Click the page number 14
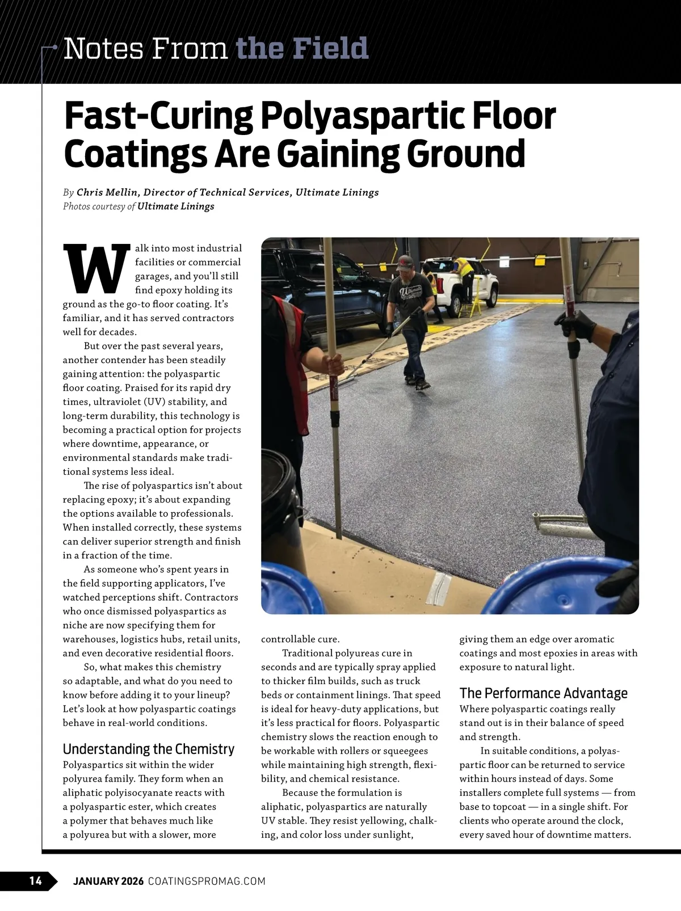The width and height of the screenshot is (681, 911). tap(35, 880)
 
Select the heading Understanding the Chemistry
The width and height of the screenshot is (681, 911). tap(148, 749)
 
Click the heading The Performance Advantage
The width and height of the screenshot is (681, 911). tap(543, 693)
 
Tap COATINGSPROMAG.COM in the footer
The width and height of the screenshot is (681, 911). tap(207, 881)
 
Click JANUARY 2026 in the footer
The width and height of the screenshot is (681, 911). tap(108, 881)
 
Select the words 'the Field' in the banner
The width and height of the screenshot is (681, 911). tap(302, 49)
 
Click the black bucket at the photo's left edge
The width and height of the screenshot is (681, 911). tap(278, 499)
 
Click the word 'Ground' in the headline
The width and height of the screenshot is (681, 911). tap(465, 154)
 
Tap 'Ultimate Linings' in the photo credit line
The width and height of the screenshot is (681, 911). tap(175, 206)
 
